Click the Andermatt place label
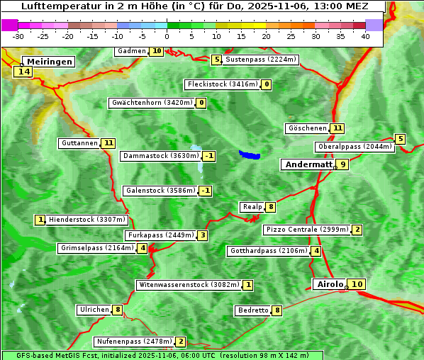click(308, 164)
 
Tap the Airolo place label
click(330, 284)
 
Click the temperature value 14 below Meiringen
click(23, 72)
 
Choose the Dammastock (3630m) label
click(160, 156)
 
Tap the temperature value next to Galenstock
click(206, 191)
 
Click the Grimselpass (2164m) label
click(97, 248)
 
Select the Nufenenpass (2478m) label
click(134, 342)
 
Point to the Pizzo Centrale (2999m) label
click(307, 230)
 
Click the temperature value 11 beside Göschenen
click(337, 128)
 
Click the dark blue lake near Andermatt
click(250, 154)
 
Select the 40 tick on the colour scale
click(365, 36)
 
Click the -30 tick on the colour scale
click(19, 36)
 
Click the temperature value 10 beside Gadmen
click(157, 51)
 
